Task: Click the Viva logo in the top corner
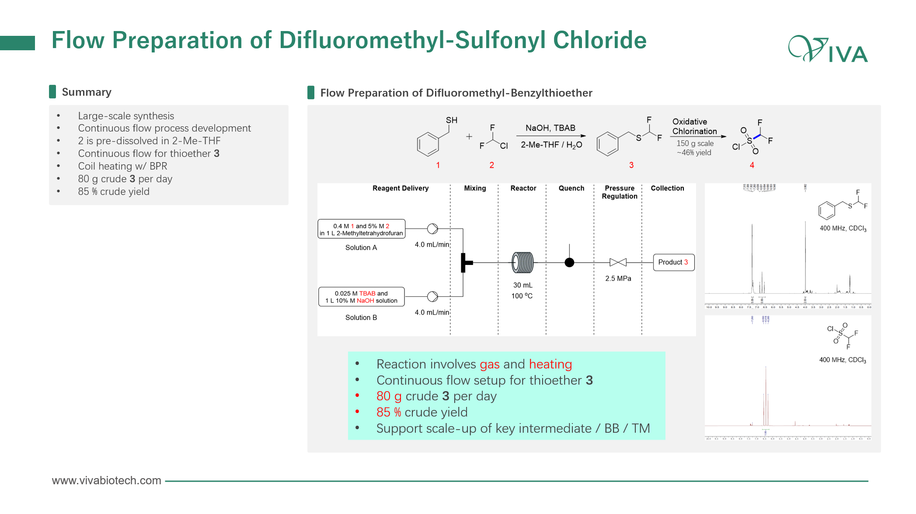point(828,49)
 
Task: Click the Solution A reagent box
point(361,229)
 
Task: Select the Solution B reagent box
point(361,297)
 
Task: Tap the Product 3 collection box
point(673,262)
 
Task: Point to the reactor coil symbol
point(523,262)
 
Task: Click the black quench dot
point(569,262)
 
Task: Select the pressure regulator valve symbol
point(618,262)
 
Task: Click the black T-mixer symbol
point(465,262)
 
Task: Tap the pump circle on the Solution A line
point(432,229)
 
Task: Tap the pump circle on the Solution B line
point(432,296)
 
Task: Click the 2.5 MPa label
point(618,278)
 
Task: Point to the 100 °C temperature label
point(522,296)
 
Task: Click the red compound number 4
point(752,165)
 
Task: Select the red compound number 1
point(438,165)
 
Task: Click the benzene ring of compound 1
point(428,144)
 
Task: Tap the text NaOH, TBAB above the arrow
point(550,128)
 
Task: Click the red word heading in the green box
point(550,364)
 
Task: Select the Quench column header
point(571,188)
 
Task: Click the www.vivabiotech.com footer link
point(106,480)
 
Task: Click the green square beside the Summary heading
point(52,92)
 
